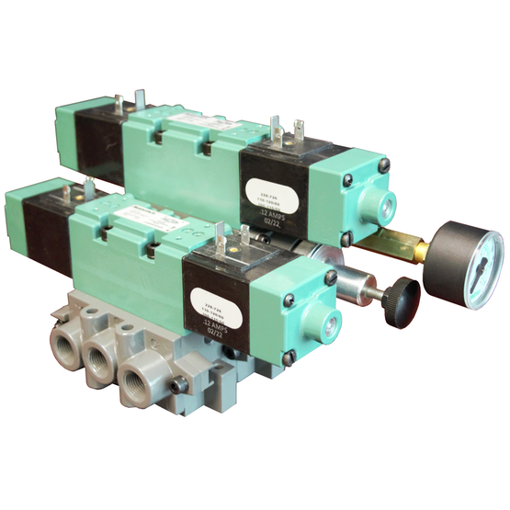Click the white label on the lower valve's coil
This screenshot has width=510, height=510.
pos(217,303)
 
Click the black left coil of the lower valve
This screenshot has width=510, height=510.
pos(47,227)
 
